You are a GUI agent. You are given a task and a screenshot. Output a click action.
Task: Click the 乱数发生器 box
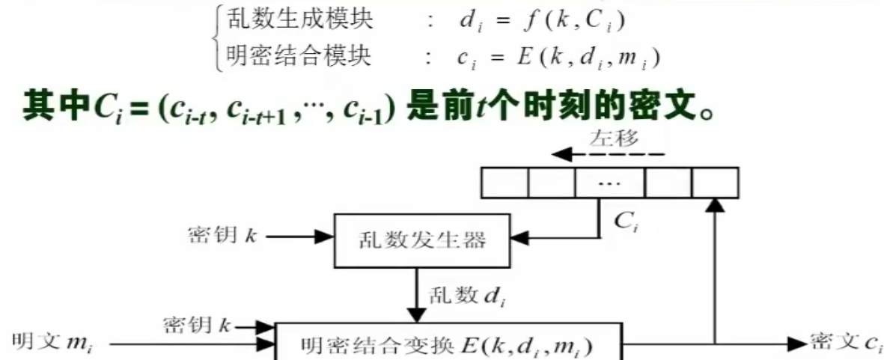(418, 240)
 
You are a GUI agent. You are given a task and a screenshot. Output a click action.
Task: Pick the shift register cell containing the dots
(609, 183)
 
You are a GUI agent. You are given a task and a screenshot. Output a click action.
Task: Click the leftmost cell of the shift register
(505, 183)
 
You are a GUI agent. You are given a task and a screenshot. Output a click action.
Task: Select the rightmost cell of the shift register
(715, 183)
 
